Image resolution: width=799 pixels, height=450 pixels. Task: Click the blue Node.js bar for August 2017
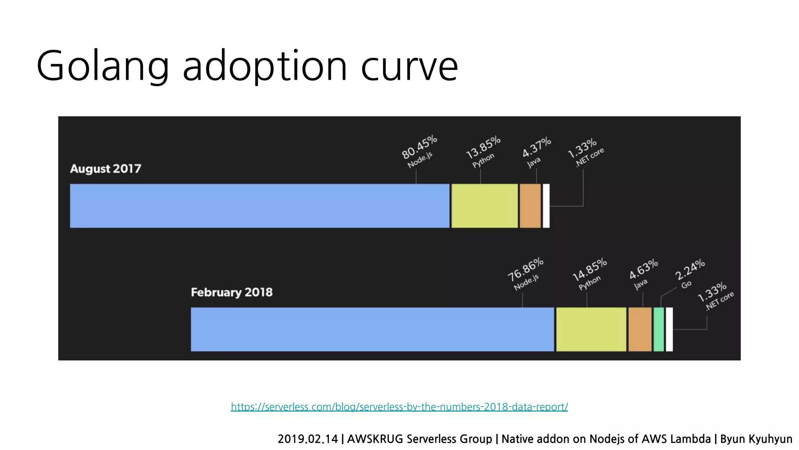(259, 206)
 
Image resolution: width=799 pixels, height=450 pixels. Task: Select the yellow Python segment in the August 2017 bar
(485, 206)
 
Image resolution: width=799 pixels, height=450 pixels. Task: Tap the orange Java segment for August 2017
(530, 206)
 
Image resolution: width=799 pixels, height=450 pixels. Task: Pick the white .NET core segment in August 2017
(546, 206)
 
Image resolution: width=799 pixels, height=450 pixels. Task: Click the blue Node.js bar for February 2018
(372, 329)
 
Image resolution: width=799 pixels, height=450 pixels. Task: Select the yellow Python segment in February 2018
(591, 329)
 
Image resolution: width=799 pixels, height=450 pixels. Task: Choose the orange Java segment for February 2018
(640, 329)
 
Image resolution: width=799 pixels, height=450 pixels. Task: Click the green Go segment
(659, 329)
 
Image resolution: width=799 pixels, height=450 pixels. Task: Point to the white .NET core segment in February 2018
(669, 329)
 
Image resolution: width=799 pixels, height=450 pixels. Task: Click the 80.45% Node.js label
(419, 151)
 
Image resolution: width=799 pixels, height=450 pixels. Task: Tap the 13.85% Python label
(483, 152)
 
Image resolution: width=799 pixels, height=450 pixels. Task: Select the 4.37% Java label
(536, 152)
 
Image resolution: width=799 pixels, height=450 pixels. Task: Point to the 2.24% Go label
(689, 273)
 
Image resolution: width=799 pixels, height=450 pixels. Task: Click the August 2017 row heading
(105, 169)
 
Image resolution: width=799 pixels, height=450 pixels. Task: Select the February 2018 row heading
(231, 292)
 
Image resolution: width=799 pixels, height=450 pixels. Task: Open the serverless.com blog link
(399, 407)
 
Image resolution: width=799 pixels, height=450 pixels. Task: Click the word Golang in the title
(103, 66)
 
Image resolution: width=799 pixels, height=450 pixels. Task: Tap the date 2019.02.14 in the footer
(307, 439)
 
